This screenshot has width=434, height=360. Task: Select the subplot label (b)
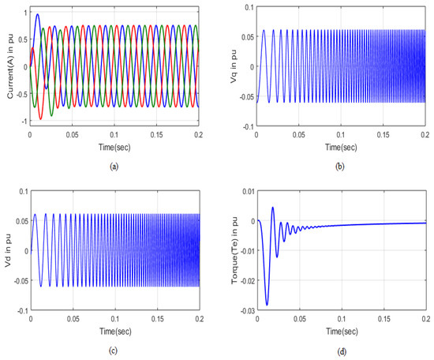342,167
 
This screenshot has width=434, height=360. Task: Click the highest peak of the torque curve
272,208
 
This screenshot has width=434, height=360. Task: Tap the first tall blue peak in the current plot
37,14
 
